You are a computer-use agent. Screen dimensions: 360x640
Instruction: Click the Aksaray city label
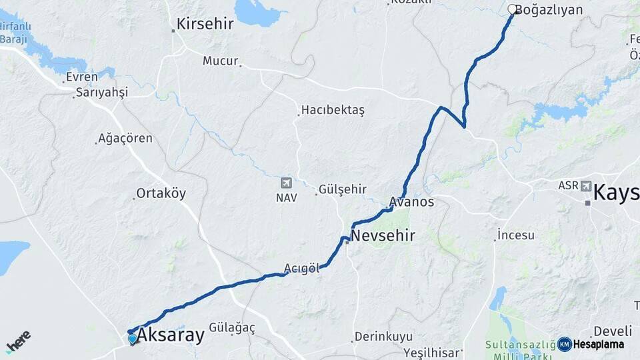170,335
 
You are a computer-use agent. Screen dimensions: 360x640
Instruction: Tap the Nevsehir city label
383,235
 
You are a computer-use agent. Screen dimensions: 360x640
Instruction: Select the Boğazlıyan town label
549,10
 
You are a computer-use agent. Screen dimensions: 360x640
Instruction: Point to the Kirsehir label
205,24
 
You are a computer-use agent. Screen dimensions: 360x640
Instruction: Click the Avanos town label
412,201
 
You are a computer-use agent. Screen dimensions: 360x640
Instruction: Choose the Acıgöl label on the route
302,268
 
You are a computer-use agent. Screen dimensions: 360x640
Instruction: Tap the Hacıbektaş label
333,110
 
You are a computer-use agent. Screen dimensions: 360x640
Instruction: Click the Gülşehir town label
343,189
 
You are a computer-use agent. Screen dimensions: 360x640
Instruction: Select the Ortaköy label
161,193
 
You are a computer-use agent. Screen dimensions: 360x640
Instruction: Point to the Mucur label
220,61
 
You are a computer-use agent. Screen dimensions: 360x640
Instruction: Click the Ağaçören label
125,139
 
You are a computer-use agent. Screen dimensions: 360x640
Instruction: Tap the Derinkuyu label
383,337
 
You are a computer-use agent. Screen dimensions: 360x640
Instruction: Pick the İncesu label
517,235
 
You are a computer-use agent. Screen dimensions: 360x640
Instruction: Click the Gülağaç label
232,327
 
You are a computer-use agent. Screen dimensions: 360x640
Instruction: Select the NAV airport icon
287,183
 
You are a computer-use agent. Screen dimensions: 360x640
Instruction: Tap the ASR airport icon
585,186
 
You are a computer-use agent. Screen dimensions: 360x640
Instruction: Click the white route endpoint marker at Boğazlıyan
512,9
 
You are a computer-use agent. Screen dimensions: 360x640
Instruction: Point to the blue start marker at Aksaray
133,339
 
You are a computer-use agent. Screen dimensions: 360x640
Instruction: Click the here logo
18,341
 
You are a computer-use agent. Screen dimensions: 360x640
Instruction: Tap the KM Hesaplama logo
591,344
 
